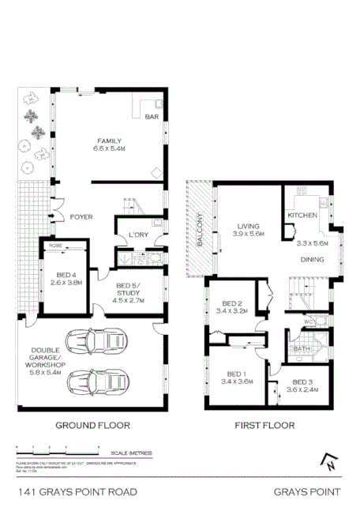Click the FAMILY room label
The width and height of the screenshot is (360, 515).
tap(110, 140)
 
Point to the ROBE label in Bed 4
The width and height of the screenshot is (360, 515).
tap(55, 246)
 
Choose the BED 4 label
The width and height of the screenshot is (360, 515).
tap(66, 273)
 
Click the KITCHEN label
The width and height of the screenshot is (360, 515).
tap(302, 215)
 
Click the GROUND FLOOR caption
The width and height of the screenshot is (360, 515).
tap(92, 425)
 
